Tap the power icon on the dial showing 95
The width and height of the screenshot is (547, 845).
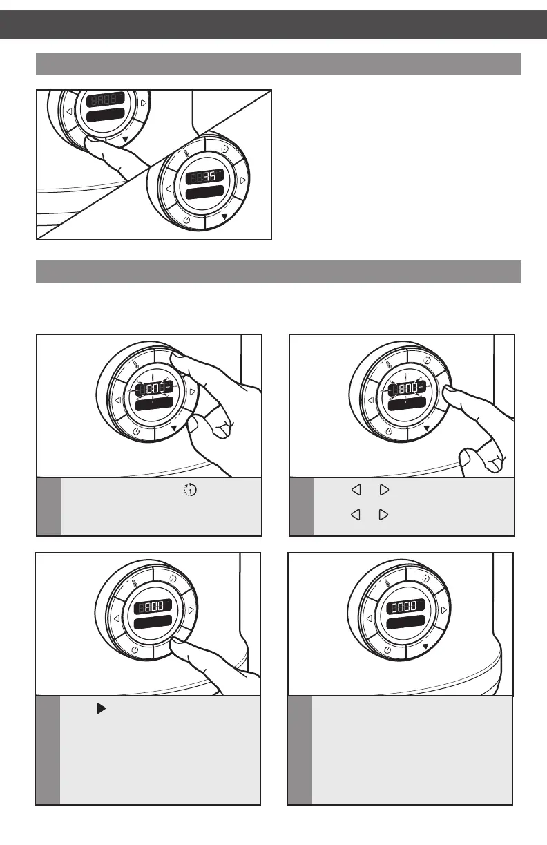point(187,220)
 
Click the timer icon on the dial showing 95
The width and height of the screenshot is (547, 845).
point(224,147)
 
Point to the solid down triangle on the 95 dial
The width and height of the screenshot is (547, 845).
point(224,216)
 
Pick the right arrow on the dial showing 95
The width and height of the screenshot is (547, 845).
point(242,180)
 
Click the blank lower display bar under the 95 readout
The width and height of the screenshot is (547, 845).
point(204,192)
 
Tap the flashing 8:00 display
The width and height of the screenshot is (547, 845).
point(407,390)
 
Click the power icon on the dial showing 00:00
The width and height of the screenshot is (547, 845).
point(387,651)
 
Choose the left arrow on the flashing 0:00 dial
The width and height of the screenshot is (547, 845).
point(118,401)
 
